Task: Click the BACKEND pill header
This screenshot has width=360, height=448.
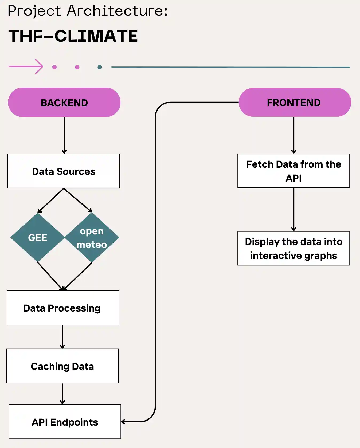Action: (x=64, y=103)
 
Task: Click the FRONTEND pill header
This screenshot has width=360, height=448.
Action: (x=295, y=103)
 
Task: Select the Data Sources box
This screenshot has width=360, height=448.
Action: (x=64, y=171)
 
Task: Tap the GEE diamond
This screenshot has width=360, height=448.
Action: (x=38, y=237)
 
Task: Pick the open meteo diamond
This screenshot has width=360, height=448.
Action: (x=92, y=237)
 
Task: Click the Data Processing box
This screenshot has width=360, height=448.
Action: (x=63, y=308)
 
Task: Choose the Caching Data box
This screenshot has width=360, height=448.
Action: (x=62, y=366)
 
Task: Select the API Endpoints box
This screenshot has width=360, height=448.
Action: (x=65, y=422)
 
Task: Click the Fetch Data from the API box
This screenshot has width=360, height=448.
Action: (x=294, y=171)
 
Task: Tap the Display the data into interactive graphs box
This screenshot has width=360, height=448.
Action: (x=294, y=248)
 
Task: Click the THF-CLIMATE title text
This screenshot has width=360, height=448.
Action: (x=73, y=36)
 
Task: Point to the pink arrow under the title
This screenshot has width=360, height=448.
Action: (x=26, y=66)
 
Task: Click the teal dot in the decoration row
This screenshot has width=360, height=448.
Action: (x=100, y=67)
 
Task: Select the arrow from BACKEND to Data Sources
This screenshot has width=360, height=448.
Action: (x=64, y=135)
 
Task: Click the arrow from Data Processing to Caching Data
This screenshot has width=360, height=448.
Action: (x=62, y=337)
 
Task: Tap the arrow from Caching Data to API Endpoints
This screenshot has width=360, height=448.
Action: (x=62, y=394)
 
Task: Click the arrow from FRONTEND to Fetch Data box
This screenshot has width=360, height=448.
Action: (x=294, y=135)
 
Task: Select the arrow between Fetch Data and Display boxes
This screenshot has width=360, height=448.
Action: (x=294, y=209)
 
